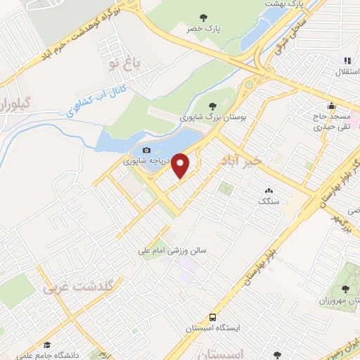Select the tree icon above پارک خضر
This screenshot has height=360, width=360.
(204, 18)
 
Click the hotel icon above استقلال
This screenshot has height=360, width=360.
(346, 61)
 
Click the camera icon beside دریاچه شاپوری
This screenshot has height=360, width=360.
(146, 150)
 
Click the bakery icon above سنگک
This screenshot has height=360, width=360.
(268, 191)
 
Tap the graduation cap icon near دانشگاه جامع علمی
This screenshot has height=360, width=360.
(47, 345)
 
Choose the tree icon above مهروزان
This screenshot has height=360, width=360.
(345, 289)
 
